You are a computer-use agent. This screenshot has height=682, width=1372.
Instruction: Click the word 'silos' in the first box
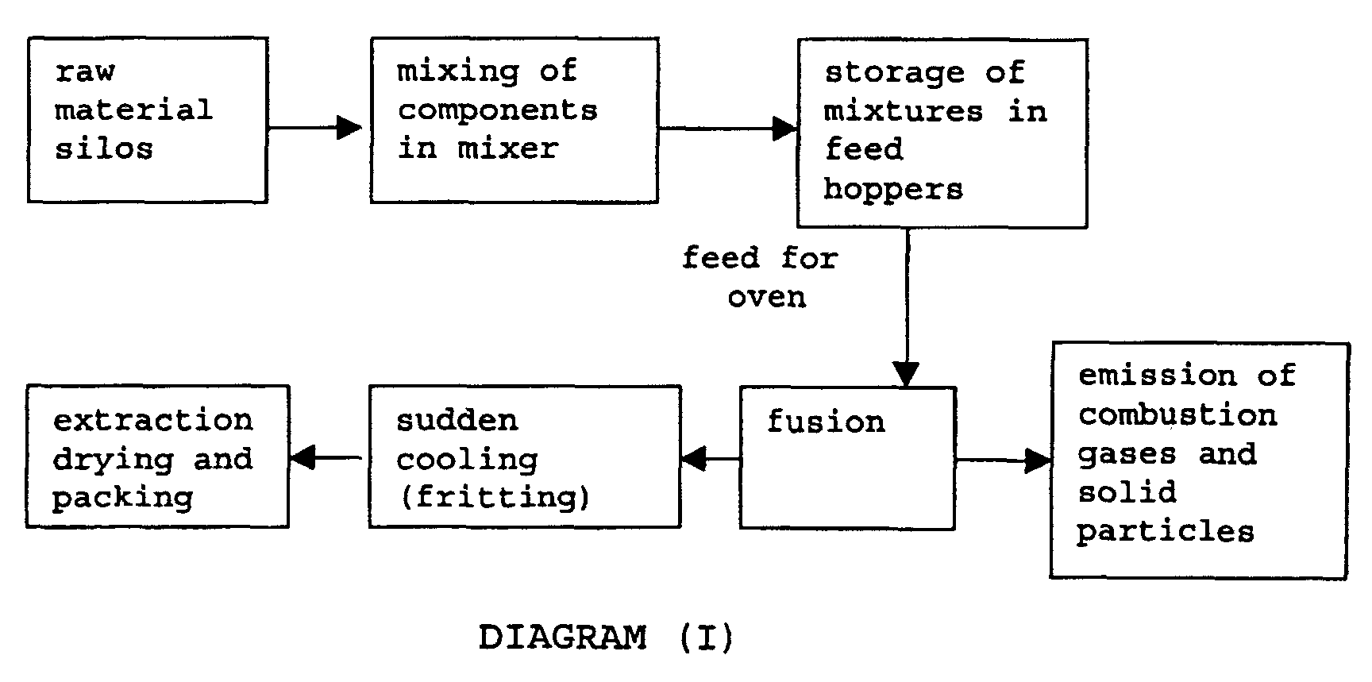click(103, 148)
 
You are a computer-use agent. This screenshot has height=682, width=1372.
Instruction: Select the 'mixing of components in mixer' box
click(514, 120)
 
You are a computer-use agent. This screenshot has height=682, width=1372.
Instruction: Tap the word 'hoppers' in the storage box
click(893, 189)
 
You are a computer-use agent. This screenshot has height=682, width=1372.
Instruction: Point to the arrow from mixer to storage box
click(726, 127)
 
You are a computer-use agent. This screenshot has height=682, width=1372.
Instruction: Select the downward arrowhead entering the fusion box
click(906, 373)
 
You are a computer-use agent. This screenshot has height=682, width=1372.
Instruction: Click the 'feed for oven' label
click(761, 276)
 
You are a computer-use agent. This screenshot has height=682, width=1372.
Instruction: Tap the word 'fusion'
click(826, 422)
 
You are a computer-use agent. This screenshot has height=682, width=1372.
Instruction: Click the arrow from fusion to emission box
click(1004, 460)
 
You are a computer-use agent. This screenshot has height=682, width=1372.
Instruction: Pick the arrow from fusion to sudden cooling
click(710, 458)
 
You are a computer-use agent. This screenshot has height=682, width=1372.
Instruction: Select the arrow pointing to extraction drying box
click(326, 457)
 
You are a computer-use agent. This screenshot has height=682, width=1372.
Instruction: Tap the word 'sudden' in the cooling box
click(457, 420)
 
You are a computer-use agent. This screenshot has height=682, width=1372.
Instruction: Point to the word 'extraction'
click(152, 420)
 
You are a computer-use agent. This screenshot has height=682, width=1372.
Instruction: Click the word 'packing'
click(123, 498)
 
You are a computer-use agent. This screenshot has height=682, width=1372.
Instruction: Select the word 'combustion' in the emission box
click(1177, 414)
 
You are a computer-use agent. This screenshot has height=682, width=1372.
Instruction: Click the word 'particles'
click(1165, 531)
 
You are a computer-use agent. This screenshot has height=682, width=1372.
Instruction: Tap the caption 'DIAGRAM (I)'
click(606, 638)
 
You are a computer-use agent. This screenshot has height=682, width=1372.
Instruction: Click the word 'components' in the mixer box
click(497, 110)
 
